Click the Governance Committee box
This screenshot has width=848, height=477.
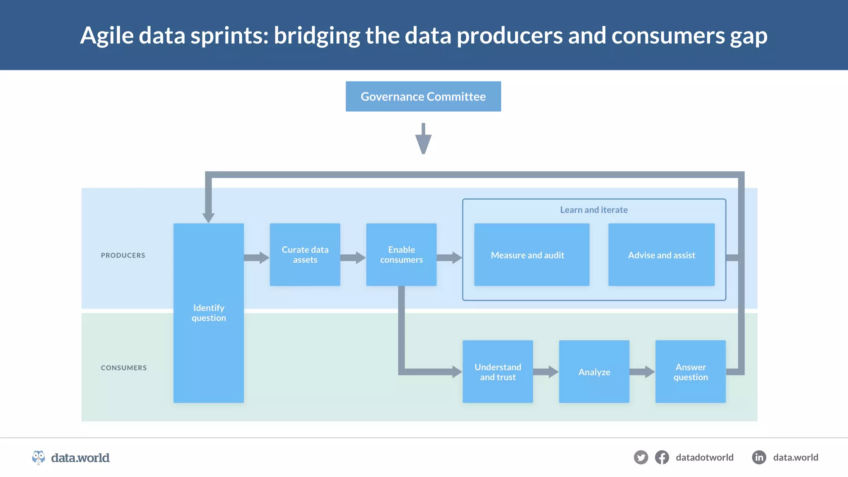[x=423, y=96]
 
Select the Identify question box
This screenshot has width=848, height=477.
[x=209, y=313]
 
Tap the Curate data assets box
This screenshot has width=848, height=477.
[x=305, y=255]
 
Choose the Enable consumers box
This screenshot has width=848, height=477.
[x=401, y=255]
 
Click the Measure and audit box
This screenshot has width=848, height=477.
[x=532, y=255]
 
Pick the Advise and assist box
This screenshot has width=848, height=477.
[x=661, y=255]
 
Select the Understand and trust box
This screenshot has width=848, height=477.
[x=498, y=371]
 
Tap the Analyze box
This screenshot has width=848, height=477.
[x=594, y=371]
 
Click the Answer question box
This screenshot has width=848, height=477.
[x=690, y=371]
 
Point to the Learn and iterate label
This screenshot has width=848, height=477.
[x=594, y=210]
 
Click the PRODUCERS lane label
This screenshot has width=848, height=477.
[x=123, y=255]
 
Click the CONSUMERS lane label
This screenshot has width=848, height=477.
[x=124, y=368]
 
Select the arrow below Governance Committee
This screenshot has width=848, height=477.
[x=423, y=140]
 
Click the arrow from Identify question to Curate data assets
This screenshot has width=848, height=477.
[x=257, y=258]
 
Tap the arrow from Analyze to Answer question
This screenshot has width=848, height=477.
[x=642, y=371]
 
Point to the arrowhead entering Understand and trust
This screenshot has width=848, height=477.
[x=457, y=371]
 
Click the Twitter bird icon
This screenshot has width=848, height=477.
[x=641, y=458]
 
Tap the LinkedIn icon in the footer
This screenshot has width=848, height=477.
[x=759, y=458]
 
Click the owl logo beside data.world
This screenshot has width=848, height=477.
[x=39, y=458]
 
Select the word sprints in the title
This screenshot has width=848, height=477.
[x=229, y=36]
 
